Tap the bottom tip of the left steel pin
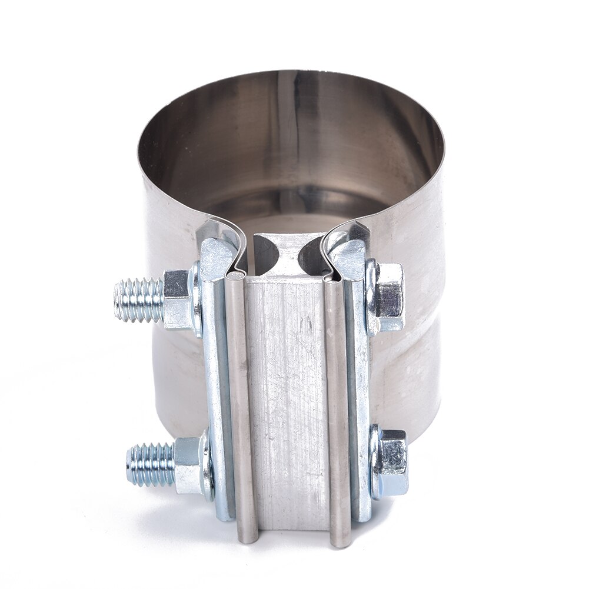tap(248, 538)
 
